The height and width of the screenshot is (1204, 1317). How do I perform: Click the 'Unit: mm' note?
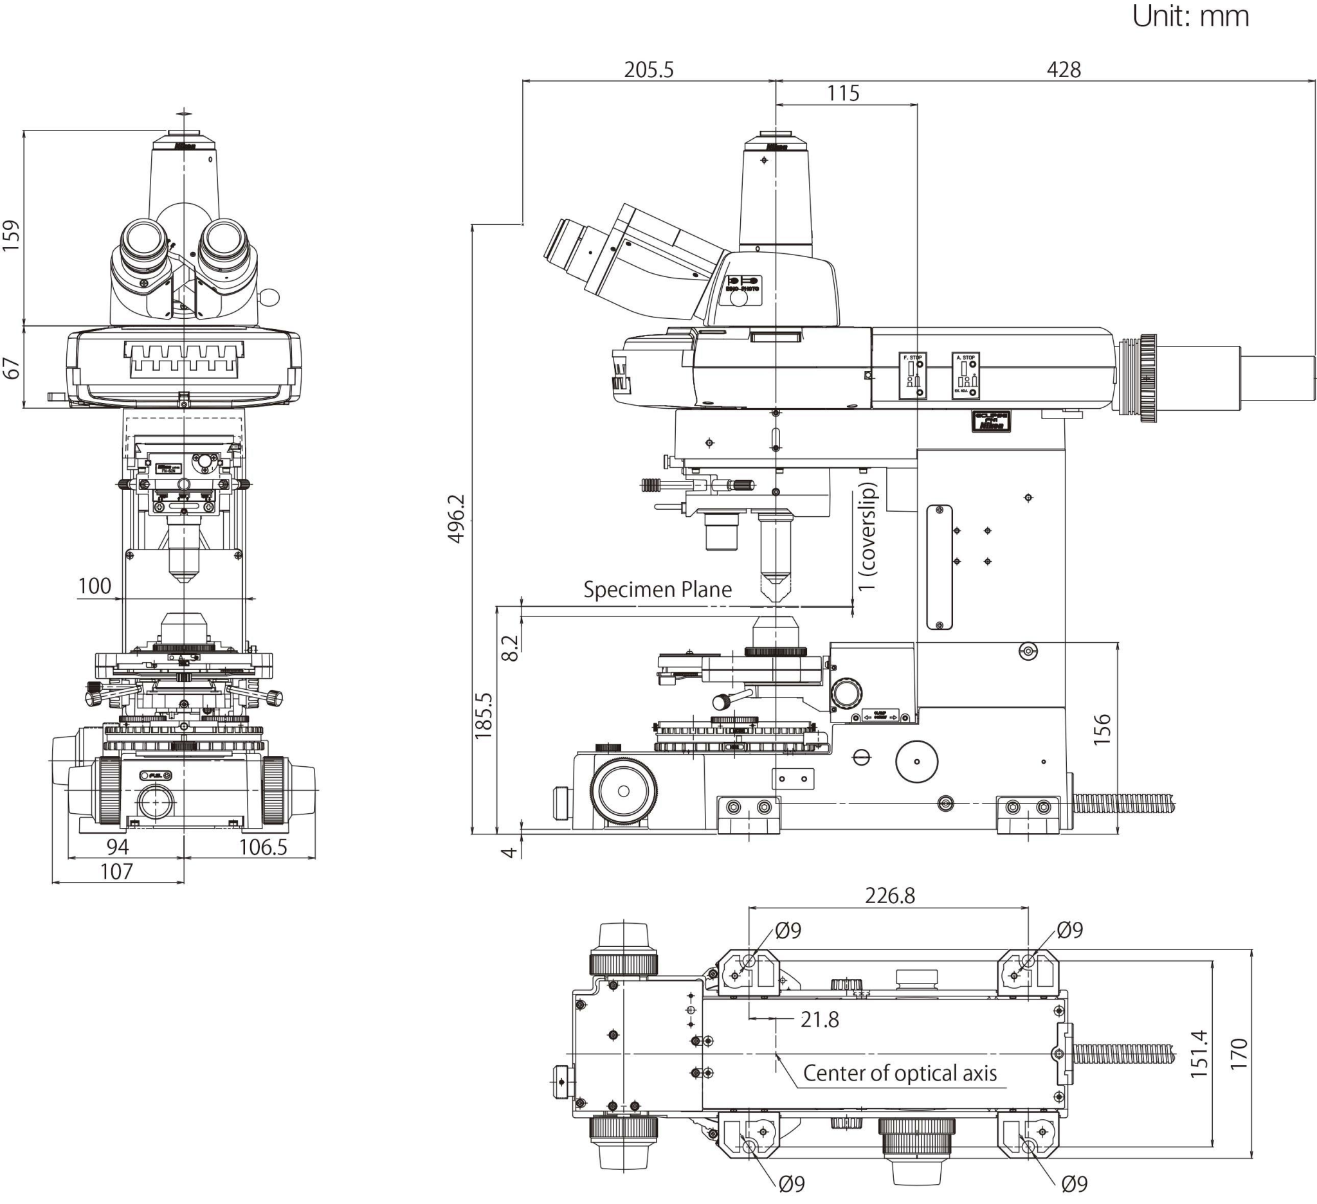pos(1190,15)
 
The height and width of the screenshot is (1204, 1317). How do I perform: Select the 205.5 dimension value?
pos(648,69)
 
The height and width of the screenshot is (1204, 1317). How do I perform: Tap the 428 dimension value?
pos(1064,69)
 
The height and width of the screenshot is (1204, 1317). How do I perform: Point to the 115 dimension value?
pos(842,93)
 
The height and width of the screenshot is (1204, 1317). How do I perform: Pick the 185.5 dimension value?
pos(484,715)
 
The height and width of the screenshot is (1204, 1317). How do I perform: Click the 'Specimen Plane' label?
pos(657,589)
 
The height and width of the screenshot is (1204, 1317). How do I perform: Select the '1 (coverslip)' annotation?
pos(867,537)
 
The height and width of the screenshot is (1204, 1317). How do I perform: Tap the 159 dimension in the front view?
pos(12,235)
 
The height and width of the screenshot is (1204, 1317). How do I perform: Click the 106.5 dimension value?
pos(262,847)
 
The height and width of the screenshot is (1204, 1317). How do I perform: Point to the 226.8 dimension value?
pos(890,896)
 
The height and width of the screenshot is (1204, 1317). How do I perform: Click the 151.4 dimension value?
pos(1199,1054)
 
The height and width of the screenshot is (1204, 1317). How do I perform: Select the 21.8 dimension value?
pos(819,1020)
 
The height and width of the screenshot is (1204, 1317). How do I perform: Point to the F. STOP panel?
pos(913,375)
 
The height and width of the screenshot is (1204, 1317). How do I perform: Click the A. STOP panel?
pos(965,375)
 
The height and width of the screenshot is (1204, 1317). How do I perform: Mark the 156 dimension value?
pos(1102,730)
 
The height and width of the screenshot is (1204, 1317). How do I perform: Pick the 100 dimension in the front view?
pos(95,586)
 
